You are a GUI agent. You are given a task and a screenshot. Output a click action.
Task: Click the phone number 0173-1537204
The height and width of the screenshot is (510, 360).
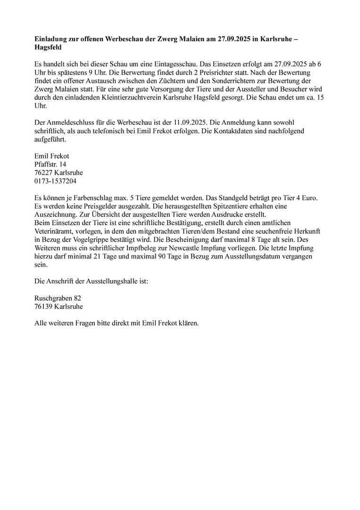(56, 181)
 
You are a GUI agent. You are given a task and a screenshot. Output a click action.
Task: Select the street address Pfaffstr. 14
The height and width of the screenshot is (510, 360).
(50, 164)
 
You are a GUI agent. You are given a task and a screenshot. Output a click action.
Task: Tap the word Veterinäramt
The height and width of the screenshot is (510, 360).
(56, 230)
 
